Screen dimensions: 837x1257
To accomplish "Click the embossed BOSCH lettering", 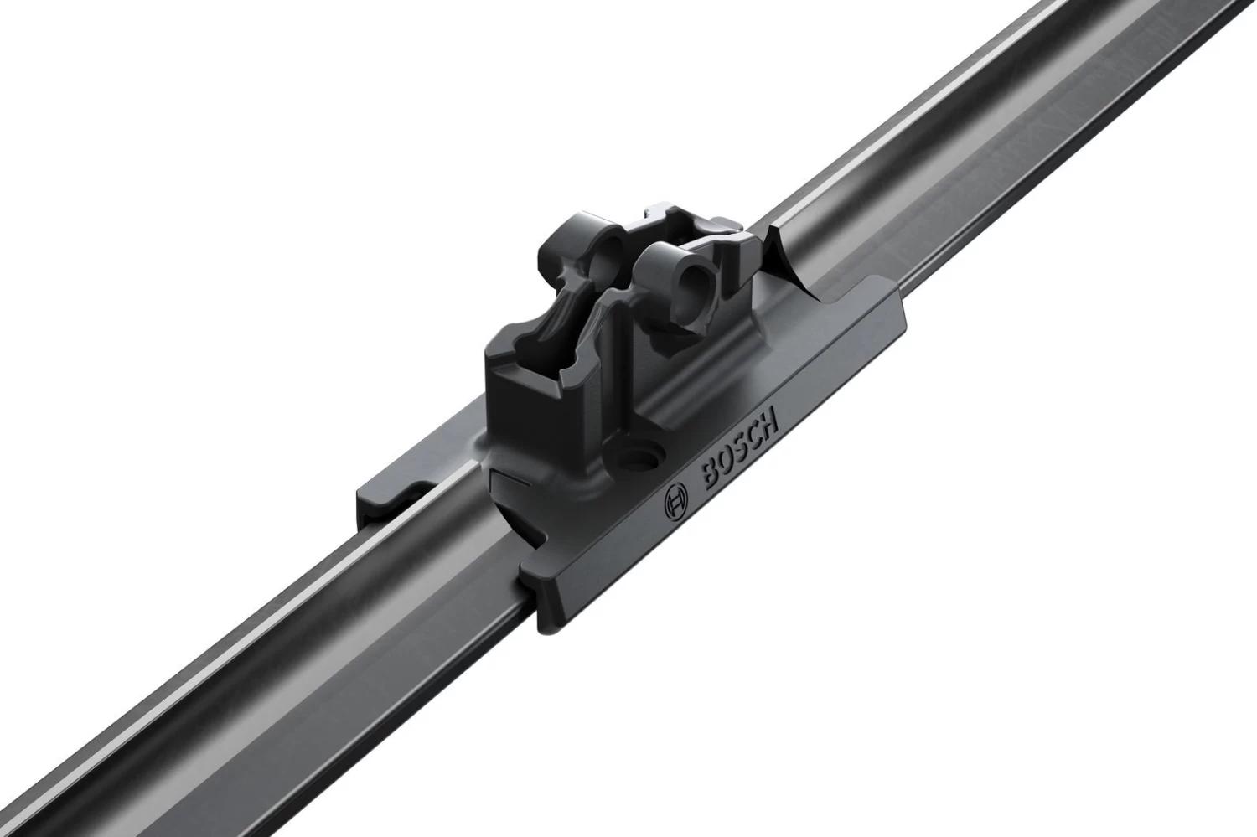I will (x=741, y=451).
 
